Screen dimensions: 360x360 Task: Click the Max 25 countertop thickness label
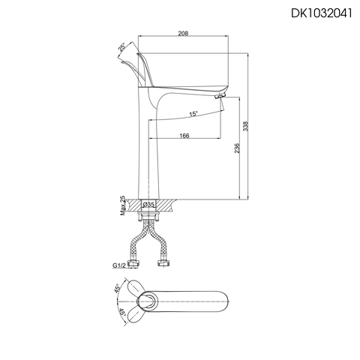123,203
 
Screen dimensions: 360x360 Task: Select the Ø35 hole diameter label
149,204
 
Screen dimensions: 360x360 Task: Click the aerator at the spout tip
220,96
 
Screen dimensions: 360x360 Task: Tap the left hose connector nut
135,262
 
